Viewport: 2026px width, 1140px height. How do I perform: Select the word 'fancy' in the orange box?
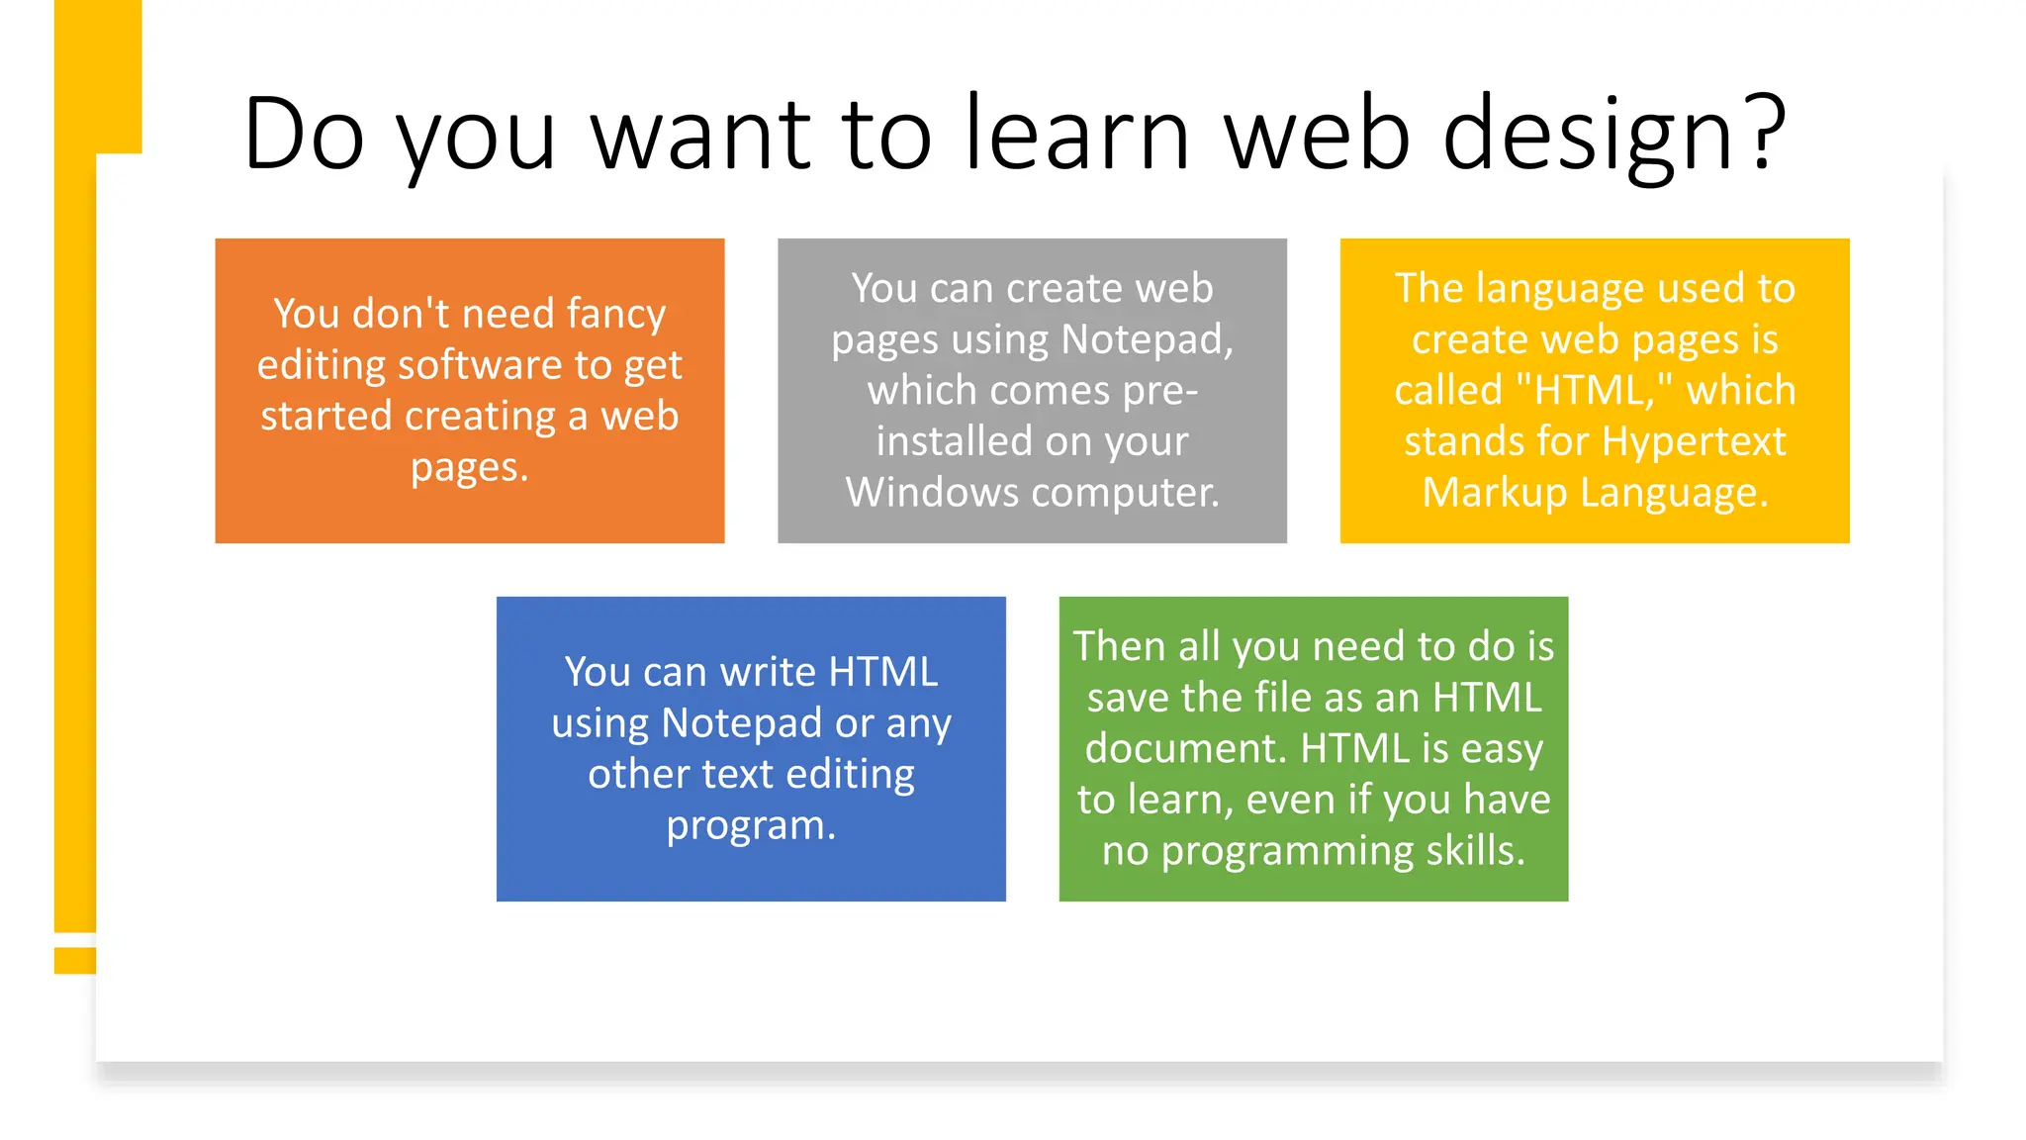click(616, 315)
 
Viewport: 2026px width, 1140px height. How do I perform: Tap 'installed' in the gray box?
click(954, 441)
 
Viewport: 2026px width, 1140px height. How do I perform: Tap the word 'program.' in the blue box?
click(751, 825)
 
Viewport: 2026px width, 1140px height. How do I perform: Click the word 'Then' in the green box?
click(1119, 646)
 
